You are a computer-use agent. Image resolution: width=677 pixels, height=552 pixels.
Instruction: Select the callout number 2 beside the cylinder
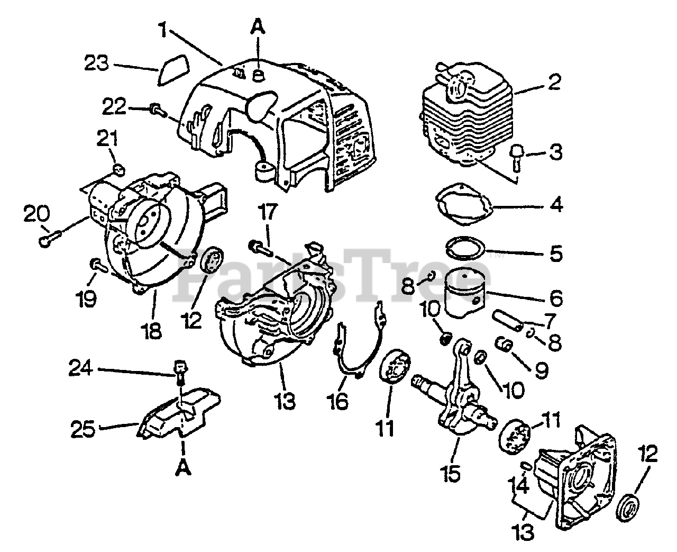[x=553, y=83]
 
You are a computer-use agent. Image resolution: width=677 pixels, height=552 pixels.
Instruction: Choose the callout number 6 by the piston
[x=556, y=298]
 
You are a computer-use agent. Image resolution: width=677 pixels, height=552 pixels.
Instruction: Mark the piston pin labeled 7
[x=508, y=321]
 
